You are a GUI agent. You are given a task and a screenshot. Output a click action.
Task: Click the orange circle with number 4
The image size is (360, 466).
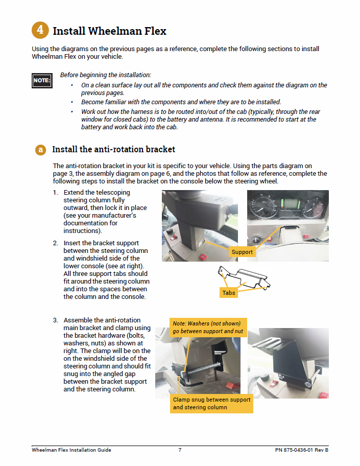tap(40, 31)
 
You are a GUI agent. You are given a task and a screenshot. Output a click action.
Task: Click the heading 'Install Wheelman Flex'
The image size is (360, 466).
tap(110, 31)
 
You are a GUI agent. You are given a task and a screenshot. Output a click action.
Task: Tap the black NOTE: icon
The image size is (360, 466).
tap(41, 81)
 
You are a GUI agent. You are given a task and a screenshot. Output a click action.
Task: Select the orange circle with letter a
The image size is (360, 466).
tap(40, 150)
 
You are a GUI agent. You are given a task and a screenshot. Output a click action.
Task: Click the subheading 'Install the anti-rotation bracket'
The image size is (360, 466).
tap(113, 150)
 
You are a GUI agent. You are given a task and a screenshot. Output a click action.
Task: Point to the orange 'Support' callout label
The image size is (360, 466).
tap(242, 252)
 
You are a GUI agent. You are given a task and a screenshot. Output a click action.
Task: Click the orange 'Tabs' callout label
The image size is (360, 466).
tap(228, 293)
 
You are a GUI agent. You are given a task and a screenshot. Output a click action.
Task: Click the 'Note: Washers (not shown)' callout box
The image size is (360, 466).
tap(208, 328)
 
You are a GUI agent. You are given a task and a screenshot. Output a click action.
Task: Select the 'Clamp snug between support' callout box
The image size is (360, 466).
tap(212, 404)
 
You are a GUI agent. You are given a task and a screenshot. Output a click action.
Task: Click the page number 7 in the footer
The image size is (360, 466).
tap(180, 450)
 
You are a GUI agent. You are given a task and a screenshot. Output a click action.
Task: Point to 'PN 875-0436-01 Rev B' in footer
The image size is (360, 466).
tap(301, 450)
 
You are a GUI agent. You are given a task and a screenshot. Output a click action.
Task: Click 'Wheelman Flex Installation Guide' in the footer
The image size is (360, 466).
tap(71, 450)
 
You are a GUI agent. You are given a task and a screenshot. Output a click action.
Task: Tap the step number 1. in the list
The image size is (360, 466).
tap(56, 193)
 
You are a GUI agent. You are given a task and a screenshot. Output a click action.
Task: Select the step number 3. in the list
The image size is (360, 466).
tap(56, 320)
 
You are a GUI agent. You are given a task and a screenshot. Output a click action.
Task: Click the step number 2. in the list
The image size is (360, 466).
tap(56, 243)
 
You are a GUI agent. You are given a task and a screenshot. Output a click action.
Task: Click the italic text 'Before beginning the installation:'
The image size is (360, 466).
tap(106, 75)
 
